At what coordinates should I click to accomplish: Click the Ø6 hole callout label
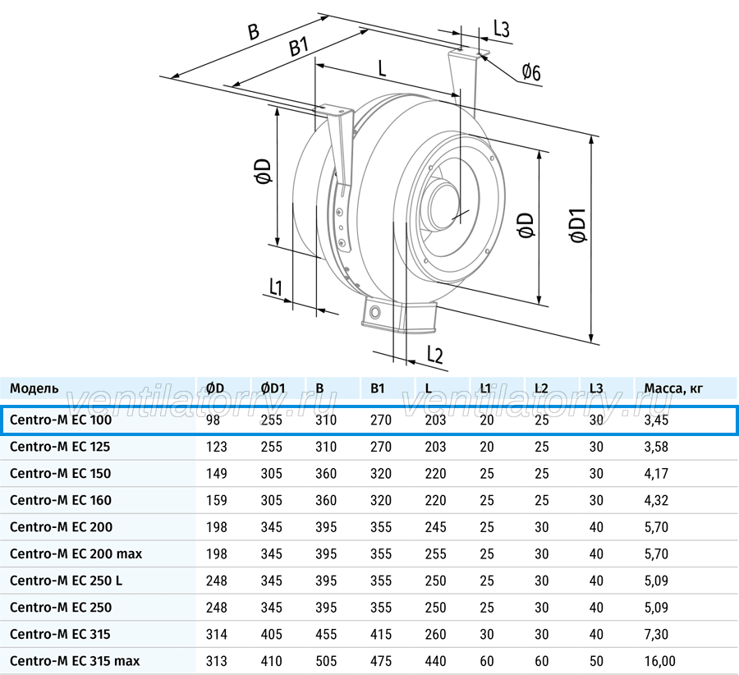pos(531,72)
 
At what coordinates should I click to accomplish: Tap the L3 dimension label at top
pos(502,30)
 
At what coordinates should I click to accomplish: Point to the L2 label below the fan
pos(435,355)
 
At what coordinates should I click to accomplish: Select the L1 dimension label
pos(276,287)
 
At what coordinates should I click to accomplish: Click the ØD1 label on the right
pos(578,225)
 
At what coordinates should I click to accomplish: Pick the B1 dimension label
pos(299,47)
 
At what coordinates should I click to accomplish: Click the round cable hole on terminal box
pos(375,312)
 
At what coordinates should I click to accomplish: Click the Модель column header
pos(34,388)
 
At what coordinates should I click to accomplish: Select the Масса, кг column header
pos(673,388)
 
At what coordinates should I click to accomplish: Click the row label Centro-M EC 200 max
pos(76,553)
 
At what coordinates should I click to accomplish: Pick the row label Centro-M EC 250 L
pos(66,581)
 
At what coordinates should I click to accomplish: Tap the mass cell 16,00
pos(660,661)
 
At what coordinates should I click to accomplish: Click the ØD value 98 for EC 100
pos(213,420)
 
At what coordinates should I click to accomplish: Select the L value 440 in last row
pos(435,661)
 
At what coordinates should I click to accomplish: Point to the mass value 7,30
pos(656,634)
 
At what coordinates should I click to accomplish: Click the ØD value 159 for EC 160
pos(216,500)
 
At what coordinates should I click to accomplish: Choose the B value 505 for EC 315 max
pos(326,661)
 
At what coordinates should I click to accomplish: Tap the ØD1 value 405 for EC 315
pos(272,634)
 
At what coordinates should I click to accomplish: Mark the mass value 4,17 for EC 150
pos(656,474)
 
